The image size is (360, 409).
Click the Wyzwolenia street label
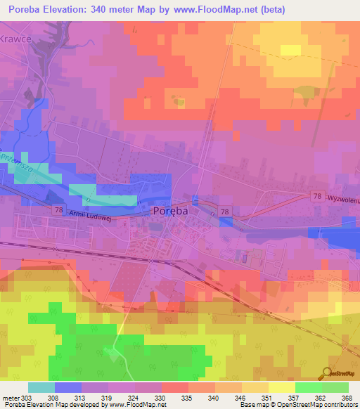point(342,198)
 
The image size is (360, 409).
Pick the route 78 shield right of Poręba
point(224,211)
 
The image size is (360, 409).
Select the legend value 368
point(347,397)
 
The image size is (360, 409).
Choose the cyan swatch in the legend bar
point(41,387)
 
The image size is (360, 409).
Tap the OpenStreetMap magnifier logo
point(327,375)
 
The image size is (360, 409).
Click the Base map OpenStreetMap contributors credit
point(299,405)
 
